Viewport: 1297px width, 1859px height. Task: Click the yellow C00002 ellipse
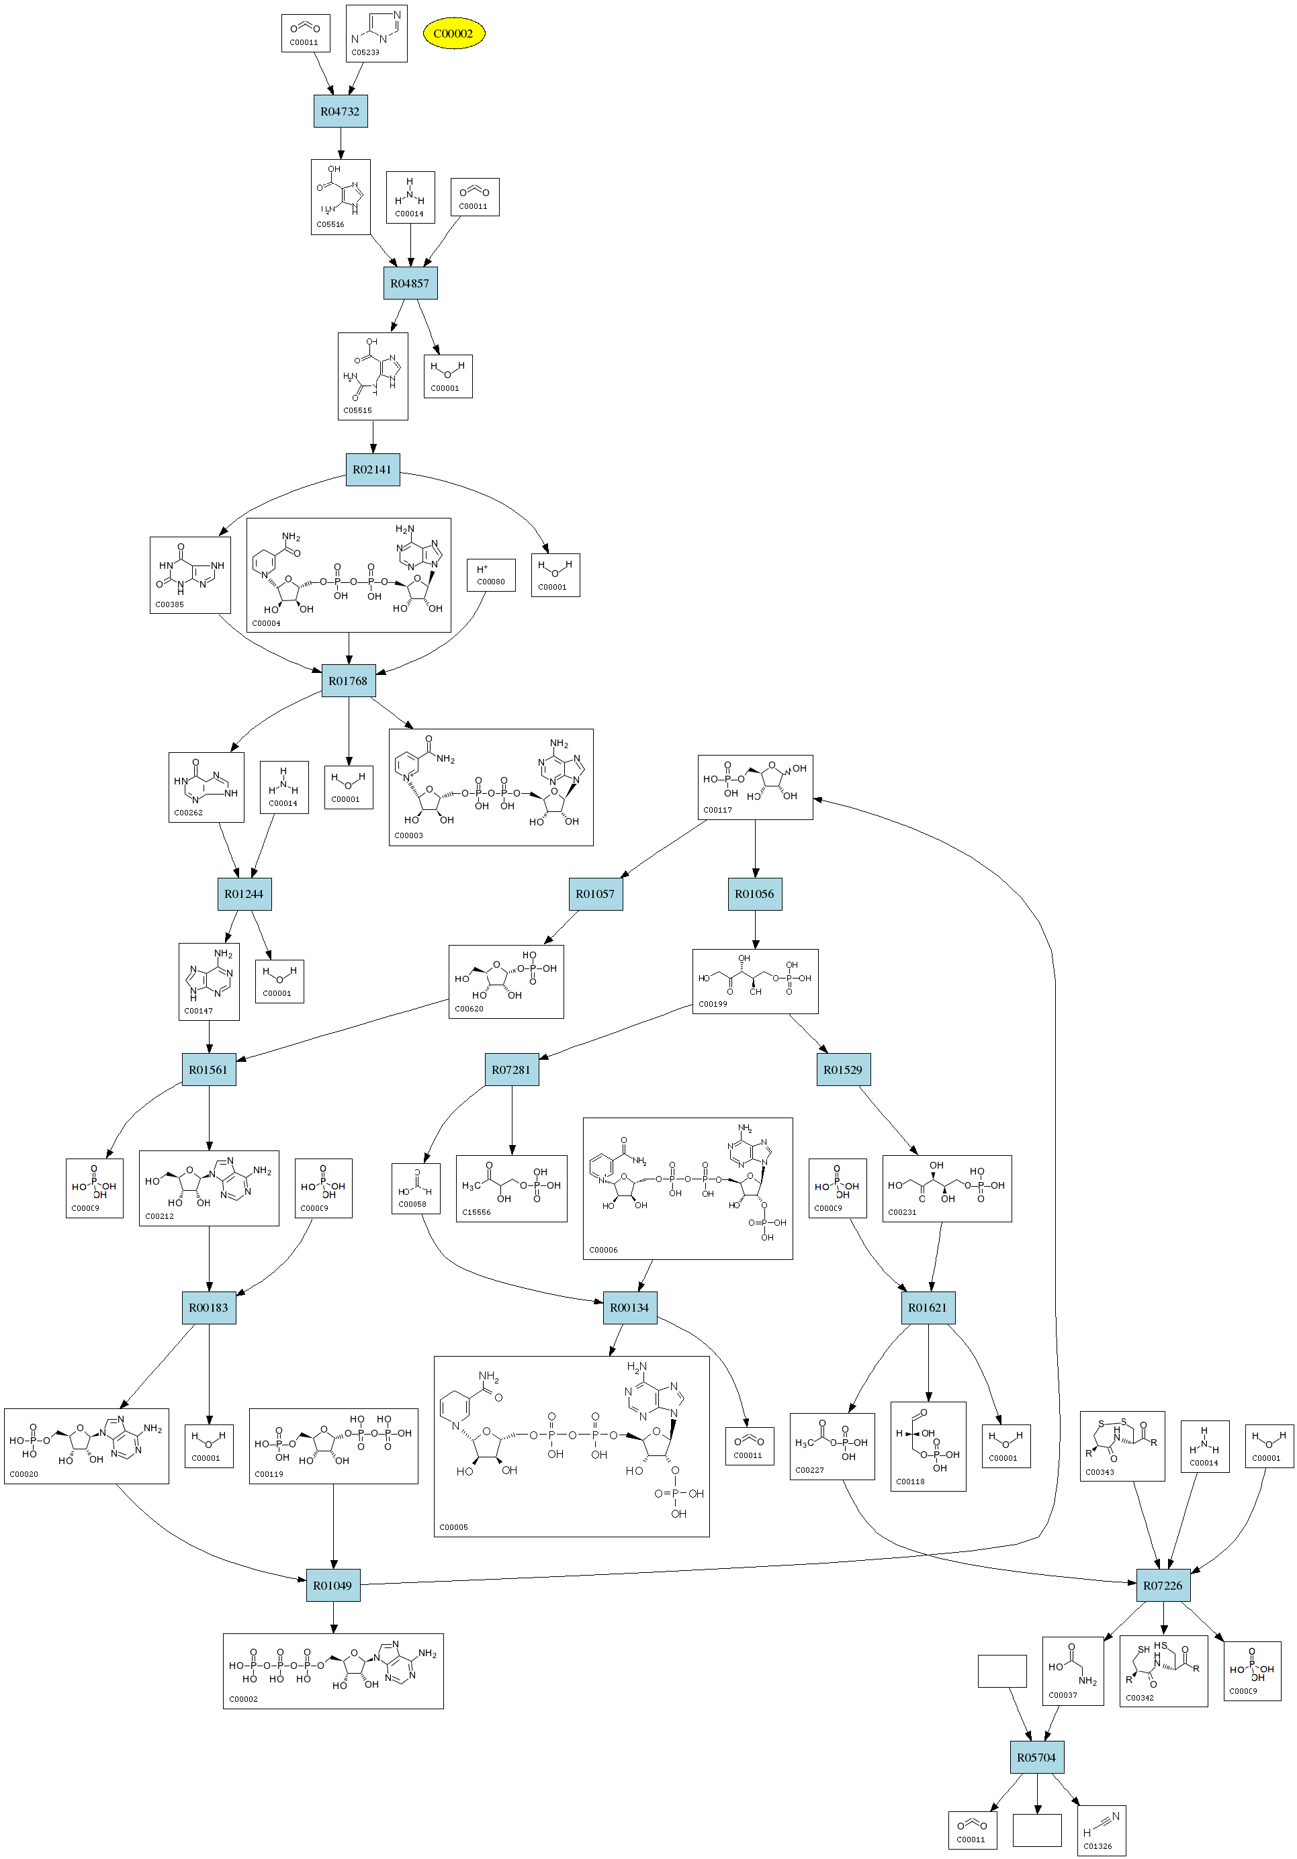[x=453, y=33]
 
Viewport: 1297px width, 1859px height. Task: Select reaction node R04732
[x=340, y=111]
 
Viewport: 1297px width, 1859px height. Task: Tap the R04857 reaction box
[x=410, y=283]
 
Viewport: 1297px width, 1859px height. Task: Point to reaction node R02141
[x=372, y=469]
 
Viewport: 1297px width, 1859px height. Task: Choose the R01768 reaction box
[x=348, y=681]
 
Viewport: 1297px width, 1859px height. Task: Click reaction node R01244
[x=244, y=894]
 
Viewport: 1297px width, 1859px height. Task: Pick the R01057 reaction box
[x=595, y=894]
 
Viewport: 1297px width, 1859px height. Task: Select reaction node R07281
[x=511, y=1070]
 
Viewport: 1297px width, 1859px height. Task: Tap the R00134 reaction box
[x=629, y=1308]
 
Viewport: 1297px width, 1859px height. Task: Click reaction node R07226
[x=1163, y=1586]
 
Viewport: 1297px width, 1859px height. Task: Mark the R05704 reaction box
[x=1036, y=1758]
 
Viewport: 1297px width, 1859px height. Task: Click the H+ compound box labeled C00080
[x=490, y=575]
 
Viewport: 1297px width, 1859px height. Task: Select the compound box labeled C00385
[x=190, y=575]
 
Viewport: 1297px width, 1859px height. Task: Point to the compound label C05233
[x=365, y=52]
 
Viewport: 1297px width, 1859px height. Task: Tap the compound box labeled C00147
[x=209, y=981]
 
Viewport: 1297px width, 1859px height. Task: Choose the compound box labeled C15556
[x=511, y=1189]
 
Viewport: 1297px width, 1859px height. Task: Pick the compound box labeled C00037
[x=1072, y=1671]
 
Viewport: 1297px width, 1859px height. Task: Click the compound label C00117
[x=717, y=810]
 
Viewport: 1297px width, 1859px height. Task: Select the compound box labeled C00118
[x=928, y=1446]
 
